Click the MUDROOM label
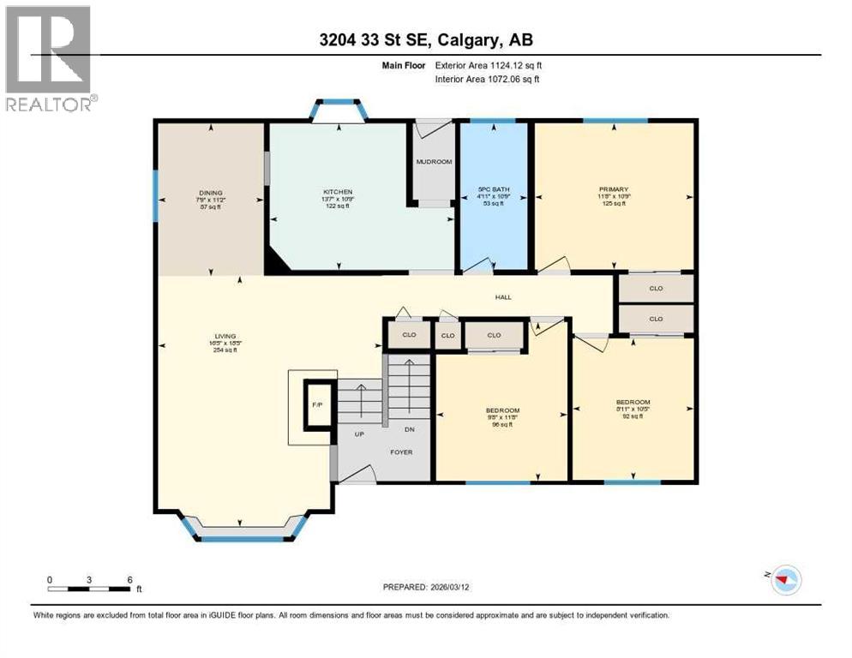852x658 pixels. click(434, 162)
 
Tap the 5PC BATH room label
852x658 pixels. click(494, 189)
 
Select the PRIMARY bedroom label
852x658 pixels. click(614, 189)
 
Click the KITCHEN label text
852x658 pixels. click(338, 192)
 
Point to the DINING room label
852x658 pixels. click(210, 192)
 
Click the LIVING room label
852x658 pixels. click(225, 336)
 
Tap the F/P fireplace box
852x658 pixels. click(315, 404)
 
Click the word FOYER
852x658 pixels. click(402, 452)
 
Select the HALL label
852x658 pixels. click(503, 297)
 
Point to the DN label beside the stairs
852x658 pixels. click(411, 429)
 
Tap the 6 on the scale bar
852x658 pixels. click(129, 579)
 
